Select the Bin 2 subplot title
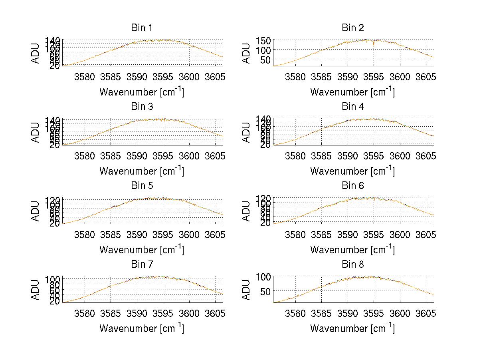tap(352, 28)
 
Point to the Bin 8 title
tap(352, 265)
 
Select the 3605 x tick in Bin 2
tap(426, 77)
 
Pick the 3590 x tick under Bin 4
tap(347, 155)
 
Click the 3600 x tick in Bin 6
tap(400, 234)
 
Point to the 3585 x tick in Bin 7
tap(111, 313)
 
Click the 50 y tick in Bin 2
tap(265, 60)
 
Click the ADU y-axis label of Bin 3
tap(36, 132)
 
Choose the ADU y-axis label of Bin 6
tap(247, 211)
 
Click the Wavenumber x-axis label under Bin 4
tap(352, 171)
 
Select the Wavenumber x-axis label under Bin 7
tap(141, 328)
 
